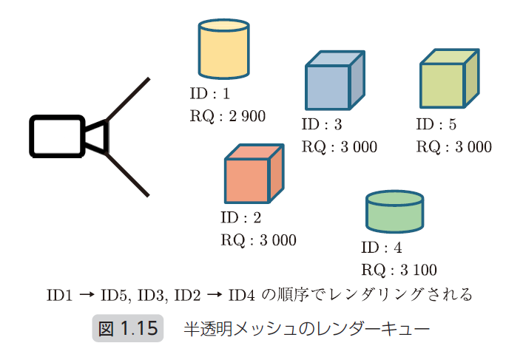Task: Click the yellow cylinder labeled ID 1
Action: click(x=223, y=50)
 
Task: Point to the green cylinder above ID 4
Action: click(x=395, y=212)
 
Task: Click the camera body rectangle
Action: click(x=56, y=136)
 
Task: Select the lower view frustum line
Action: click(x=129, y=175)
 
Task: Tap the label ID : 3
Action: click(x=323, y=125)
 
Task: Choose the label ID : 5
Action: click(x=436, y=125)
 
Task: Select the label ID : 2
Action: click(x=241, y=218)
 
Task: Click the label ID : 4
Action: click(x=382, y=248)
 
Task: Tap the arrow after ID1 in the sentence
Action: click(x=86, y=296)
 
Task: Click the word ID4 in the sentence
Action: click(x=243, y=296)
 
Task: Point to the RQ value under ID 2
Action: click(x=258, y=240)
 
